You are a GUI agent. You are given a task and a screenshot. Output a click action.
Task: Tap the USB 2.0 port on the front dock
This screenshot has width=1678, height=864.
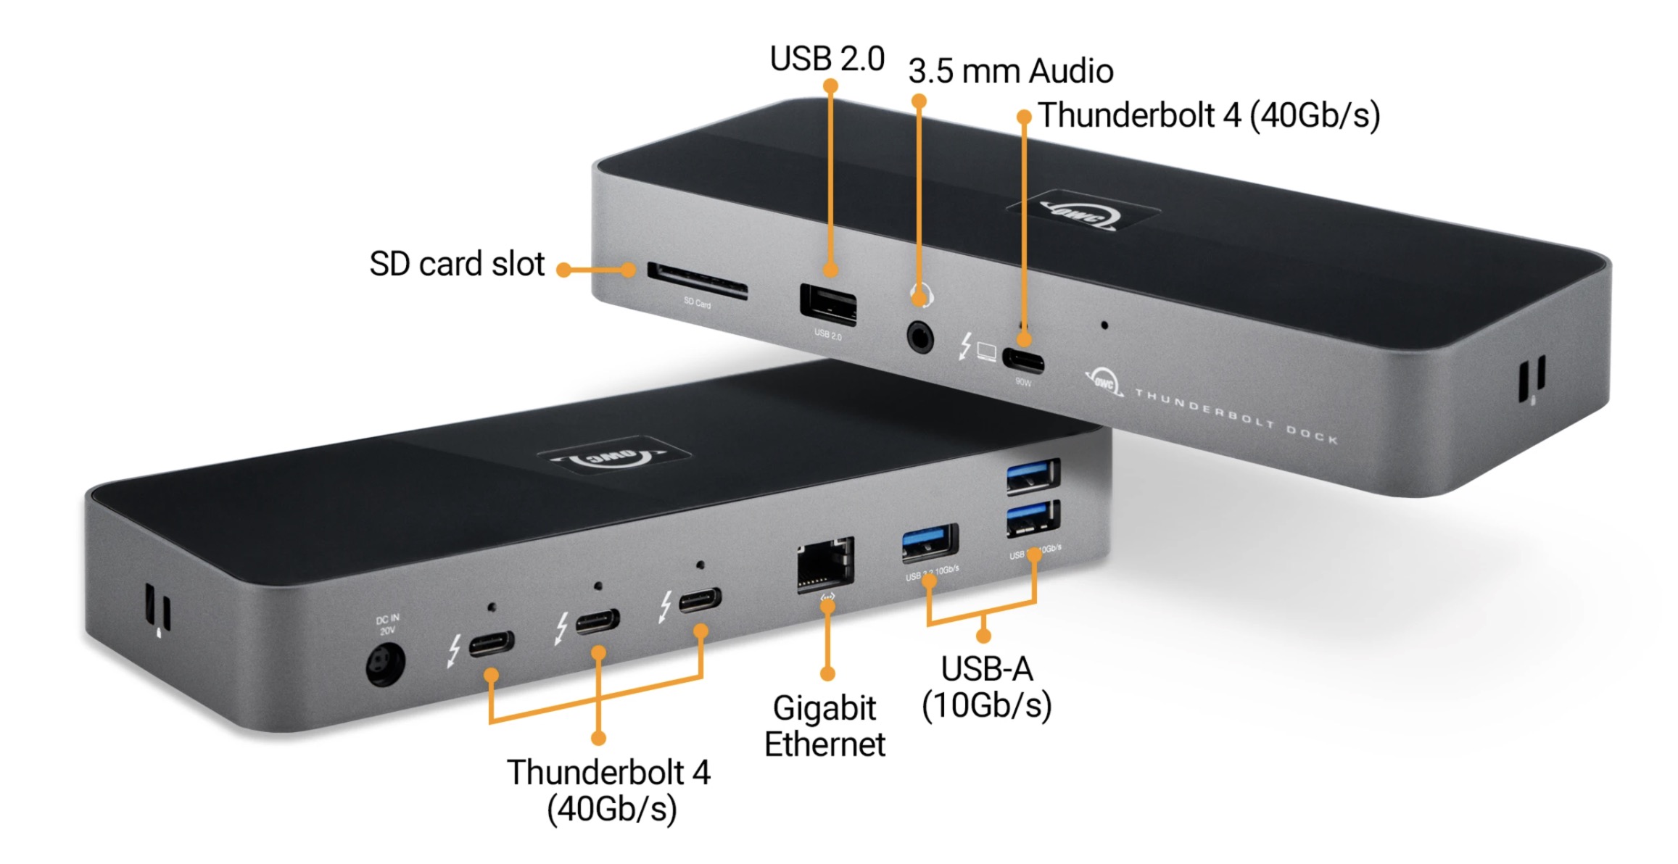tap(827, 304)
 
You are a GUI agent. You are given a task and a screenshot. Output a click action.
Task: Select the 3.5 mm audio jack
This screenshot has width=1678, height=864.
tap(920, 336)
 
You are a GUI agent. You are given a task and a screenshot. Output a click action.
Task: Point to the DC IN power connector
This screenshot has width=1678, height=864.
tap(384, 665)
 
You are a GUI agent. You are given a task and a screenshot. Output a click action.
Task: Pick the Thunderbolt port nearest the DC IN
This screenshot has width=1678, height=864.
tap(491, 643)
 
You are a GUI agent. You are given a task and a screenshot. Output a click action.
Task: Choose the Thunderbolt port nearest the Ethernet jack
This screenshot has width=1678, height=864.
tap(700, 599)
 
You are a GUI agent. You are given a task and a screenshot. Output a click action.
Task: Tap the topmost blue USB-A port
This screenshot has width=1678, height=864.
tap(1033, 475)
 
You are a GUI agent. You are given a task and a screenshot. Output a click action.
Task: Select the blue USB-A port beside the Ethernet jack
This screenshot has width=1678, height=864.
tap(930, 541)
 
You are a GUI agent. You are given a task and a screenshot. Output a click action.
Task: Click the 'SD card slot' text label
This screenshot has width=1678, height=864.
tap(456, 264)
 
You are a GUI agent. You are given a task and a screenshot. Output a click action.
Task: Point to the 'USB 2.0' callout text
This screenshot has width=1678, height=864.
tap(827, 59)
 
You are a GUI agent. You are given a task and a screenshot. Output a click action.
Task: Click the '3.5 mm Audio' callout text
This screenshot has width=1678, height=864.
tap(1010, 71)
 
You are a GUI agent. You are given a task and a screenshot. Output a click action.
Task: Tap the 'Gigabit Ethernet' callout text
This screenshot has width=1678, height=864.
tap(824, 726)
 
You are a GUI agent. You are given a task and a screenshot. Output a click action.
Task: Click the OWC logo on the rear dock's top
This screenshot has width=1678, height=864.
tap(1083, 211)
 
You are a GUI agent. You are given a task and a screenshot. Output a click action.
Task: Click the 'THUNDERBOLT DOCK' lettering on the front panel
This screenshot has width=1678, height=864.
tap(1236, 416)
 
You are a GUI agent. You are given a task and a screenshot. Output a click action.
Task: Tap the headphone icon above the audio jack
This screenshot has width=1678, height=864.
tap(921, 295)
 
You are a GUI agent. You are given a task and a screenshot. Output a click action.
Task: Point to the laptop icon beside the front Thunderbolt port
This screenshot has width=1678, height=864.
tap(986, 351)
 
